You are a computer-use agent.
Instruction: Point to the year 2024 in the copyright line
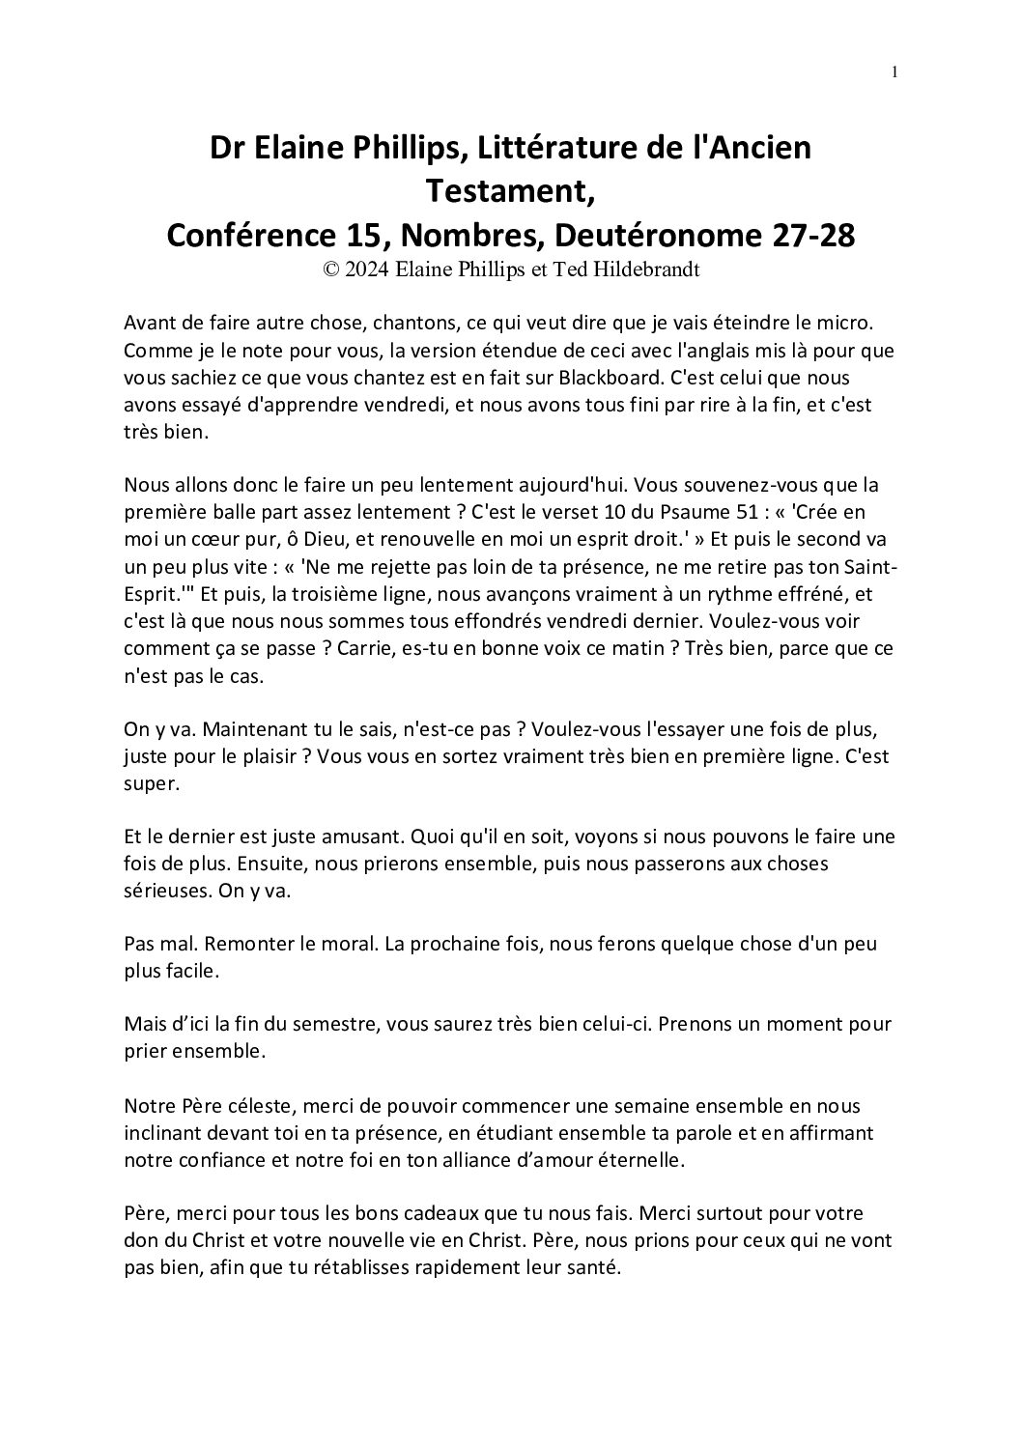368,270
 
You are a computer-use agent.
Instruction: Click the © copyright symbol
331,270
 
